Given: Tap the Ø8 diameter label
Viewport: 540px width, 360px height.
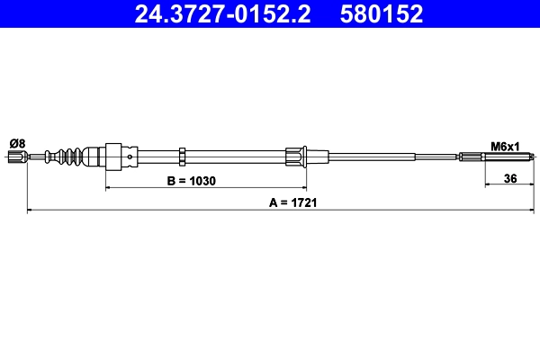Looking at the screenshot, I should point(17,143).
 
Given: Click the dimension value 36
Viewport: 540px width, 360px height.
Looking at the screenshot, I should point(509,178).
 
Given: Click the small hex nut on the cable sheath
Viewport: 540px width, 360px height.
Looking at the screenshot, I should point(183,157).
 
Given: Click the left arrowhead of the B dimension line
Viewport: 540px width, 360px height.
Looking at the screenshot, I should point(110,188).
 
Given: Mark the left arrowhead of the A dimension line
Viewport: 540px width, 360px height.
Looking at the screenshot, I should point(31,211).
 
